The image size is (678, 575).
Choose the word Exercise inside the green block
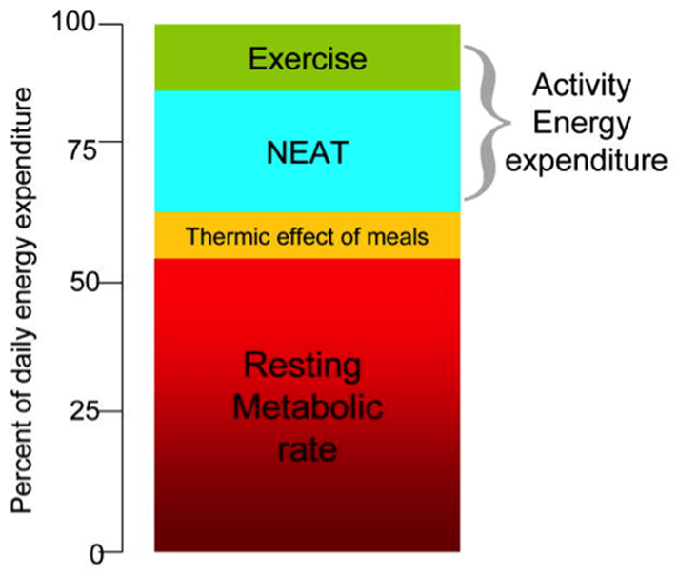[x=307, y=59]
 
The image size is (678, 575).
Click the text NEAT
[x=307, y=149]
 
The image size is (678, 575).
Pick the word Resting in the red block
[x=303, y=366]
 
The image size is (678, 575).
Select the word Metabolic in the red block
[x=308, y=408]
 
